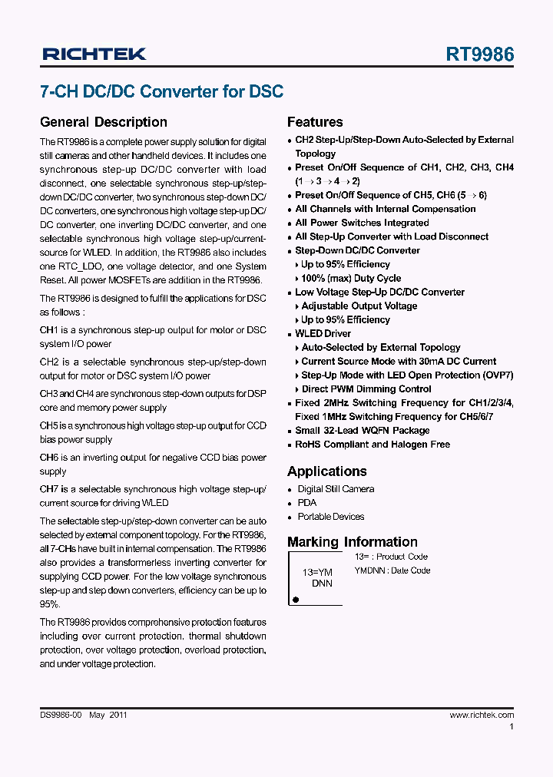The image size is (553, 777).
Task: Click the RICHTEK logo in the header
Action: (94, 54)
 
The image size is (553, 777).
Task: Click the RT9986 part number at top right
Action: (480, 54)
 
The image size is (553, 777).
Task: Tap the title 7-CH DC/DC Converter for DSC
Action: (161, 91)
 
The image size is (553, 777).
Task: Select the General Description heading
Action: (103, 122)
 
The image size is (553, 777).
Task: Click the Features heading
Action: (315, 122)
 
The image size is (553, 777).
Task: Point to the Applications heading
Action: (326, 471)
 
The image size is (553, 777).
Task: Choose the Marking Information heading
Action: (352, 542)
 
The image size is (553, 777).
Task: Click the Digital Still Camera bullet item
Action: (336, 489)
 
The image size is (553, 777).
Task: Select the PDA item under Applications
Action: (306, 503)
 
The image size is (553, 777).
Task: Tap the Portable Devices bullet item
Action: (330, 517)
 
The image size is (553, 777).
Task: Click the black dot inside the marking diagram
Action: (296, 598)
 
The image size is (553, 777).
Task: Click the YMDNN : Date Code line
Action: (392, 570)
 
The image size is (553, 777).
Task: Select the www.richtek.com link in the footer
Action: (482, 715)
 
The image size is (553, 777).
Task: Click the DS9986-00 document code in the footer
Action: (61, 715)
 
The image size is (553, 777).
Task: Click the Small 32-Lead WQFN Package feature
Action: (362, 431)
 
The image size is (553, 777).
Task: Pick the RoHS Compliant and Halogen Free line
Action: (373, 445)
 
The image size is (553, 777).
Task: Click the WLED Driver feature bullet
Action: (323, 334)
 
